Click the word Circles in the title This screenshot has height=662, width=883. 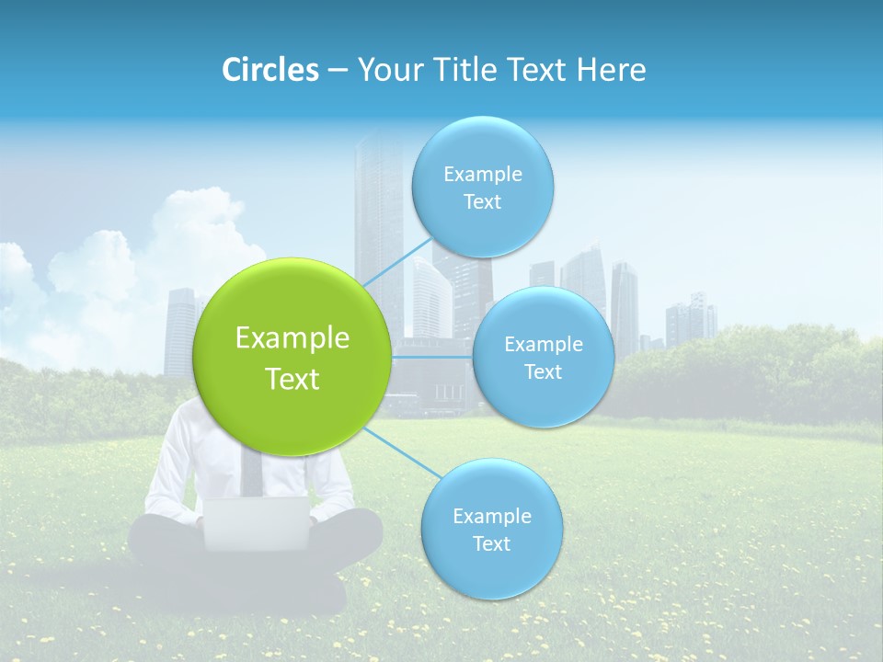pos(269,70)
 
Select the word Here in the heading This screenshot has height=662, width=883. pos(611,70)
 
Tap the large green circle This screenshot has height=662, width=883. pos(292,357)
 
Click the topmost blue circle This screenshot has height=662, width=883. pos(482,187)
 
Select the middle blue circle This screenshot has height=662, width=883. pos(543,357)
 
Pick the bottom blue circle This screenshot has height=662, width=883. pos(491,529)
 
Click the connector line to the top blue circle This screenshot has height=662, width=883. pos(397,260)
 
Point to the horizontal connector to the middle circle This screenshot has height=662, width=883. pos(431,356)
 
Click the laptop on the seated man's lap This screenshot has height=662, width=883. pos(257,523)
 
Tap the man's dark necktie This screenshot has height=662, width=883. pos(250,471)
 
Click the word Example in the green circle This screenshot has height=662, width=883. pos(292,338)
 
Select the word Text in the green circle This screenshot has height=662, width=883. pos(292,379)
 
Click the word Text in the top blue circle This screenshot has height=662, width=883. pos(482,202)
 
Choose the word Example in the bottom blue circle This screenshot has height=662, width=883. pos(491,516)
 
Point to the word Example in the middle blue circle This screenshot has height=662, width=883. pos(543,345)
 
